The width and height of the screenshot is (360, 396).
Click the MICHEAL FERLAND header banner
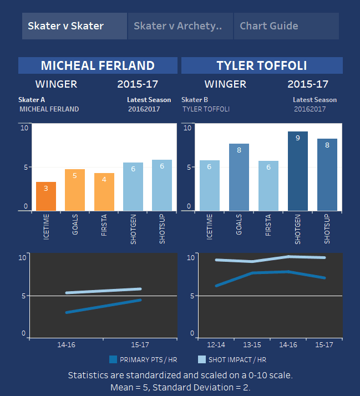point(98,65)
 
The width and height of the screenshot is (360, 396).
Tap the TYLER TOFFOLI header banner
point(262,65)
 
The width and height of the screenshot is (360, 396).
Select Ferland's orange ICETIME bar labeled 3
point(46,196)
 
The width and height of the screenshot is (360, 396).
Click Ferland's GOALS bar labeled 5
point(75,190)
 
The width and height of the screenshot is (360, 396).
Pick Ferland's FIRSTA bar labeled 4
point(104,192)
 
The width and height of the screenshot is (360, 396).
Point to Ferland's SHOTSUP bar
point(162,185)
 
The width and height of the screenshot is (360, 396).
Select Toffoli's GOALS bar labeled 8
point(239,177)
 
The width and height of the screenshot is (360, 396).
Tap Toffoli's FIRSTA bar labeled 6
point(268,186)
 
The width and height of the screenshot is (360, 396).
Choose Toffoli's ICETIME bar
point(209,185)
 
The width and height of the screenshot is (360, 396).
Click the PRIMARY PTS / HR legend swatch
point(114,359)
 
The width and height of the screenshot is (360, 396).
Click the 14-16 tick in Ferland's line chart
point(67,344)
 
